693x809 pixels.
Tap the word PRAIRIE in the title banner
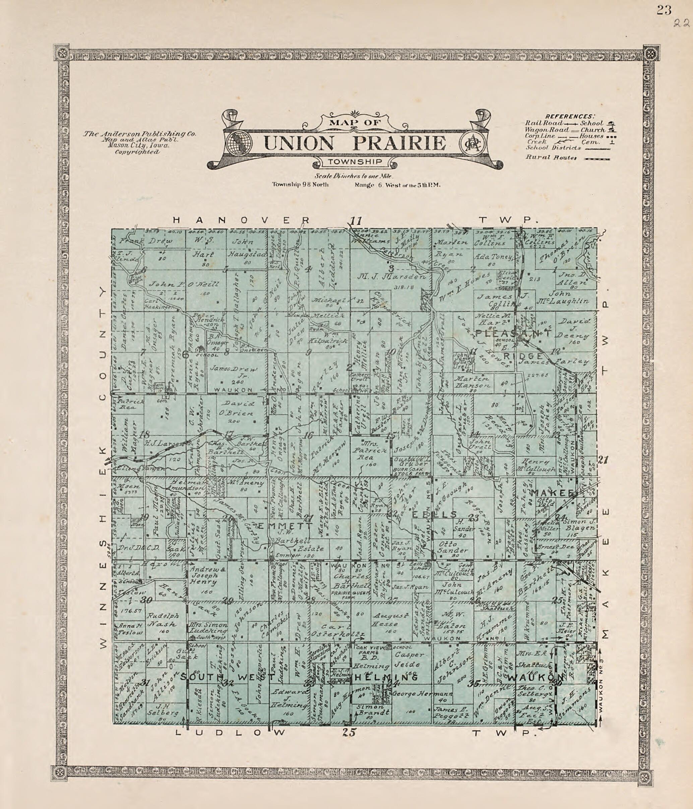point(399,143)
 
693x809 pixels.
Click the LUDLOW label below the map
point(231,732)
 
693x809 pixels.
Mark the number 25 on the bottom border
point(350,732)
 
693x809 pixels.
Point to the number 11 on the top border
point(356,221)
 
